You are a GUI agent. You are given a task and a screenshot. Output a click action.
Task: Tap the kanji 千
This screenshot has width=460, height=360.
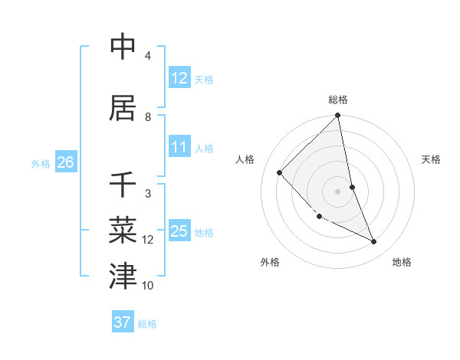123,184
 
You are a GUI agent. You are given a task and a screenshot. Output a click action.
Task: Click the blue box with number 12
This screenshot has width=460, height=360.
179,77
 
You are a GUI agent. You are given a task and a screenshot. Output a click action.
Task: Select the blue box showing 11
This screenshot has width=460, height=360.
179,147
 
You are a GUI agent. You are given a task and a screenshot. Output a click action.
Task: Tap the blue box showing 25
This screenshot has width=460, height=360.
179,231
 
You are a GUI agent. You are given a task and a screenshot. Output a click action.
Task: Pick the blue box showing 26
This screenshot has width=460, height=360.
65,162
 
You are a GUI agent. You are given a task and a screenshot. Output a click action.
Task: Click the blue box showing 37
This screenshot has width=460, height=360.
123,322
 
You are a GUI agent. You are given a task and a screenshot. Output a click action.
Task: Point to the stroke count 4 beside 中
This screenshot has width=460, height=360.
148,56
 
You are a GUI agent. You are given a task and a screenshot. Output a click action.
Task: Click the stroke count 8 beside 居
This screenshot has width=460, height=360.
148,117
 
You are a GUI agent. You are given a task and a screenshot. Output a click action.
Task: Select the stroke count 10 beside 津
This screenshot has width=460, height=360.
148,286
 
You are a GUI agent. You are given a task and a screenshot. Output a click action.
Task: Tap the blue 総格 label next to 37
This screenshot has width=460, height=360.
147,324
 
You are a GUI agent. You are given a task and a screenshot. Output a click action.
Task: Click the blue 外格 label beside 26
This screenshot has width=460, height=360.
41,163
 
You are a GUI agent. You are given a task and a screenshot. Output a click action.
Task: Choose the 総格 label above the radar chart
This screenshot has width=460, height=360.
338,100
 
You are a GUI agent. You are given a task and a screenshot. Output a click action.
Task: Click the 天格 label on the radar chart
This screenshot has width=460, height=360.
431,159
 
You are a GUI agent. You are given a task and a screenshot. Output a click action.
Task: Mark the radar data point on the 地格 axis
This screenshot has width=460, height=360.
374,242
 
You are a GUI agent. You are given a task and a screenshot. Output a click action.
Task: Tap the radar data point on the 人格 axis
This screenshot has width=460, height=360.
280,172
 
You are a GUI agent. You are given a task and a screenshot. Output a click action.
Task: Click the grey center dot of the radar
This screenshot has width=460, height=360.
338,191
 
